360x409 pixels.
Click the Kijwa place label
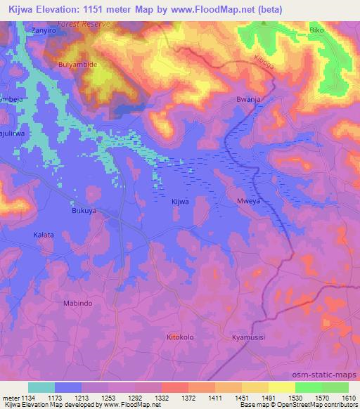pos(180,202)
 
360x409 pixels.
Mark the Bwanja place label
pos(249,100)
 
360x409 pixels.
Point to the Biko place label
pos(317,31)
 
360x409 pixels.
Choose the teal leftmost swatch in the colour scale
pos(41,387)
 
